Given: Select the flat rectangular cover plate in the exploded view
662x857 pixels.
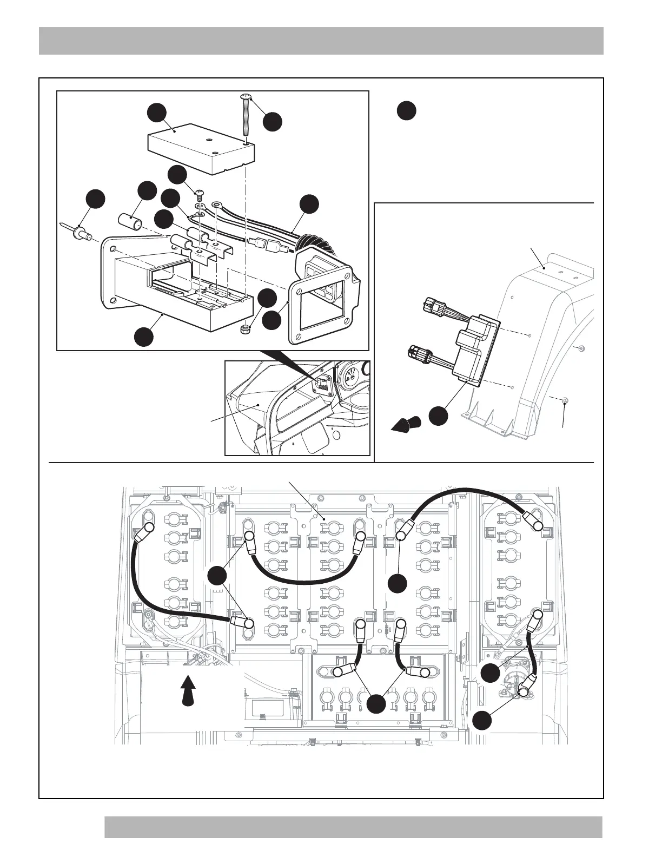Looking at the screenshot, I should click(200, 147).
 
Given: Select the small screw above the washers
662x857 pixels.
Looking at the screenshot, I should click(199, 194).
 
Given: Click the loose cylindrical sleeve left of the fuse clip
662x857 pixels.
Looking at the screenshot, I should click(130, 222).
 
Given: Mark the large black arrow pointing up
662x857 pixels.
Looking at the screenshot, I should click(187, 689).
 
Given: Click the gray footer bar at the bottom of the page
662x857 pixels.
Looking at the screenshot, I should click(353, 827).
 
